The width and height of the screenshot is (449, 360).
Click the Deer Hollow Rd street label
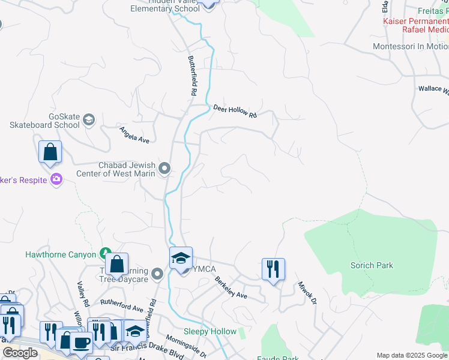point(235,110)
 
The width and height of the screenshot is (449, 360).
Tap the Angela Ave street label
point(134,134)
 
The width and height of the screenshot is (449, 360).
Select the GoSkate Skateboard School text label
point(44,121)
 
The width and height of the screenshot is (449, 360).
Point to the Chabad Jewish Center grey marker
point(164,169)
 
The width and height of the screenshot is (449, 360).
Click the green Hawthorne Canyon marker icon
point(106,254)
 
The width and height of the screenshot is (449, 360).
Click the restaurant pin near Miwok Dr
point(273,269)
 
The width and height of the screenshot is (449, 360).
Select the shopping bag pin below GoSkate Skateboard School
point(50,152)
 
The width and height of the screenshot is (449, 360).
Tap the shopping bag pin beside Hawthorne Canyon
point(116,263)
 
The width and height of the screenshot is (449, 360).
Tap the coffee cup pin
point(81,343)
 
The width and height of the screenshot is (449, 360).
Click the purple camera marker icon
point(56,179)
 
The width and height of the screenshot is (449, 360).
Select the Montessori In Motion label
point(411,46)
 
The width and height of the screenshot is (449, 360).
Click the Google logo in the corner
point(20,353)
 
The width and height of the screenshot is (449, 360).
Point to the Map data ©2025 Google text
point(412,355)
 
